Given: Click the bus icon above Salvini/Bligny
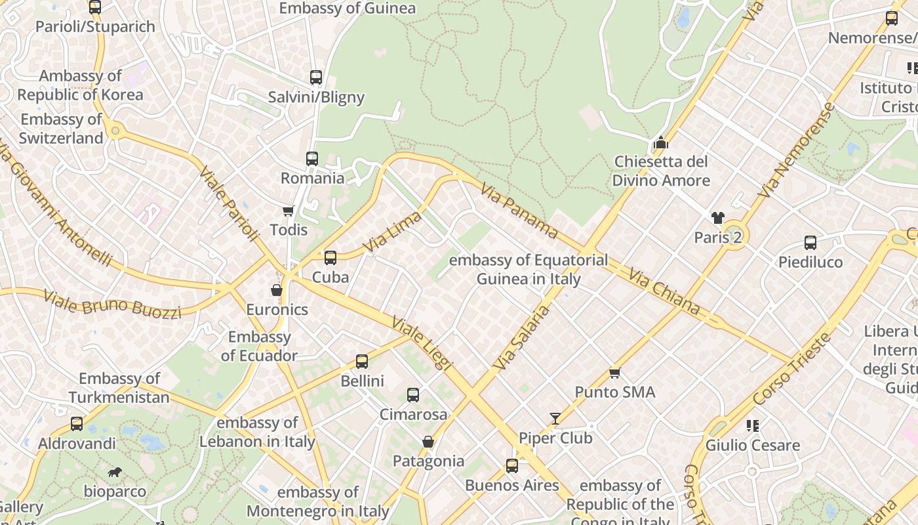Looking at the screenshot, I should pyautogui.click(x=316, y=77).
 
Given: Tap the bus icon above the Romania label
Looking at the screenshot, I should pyautogui.click(x=312, y=159).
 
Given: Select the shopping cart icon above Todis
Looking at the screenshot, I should pyautogui.click(x=288, y=211).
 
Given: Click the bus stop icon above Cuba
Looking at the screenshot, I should pyautogui.click(x=330, y=258).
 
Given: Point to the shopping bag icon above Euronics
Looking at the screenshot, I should pyautogui.click(x=277, y=290).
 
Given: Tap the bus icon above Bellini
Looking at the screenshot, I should pyautogui.click(x=362, y=362).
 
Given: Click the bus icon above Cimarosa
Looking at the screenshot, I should pyautogui.click(x=413, y=395).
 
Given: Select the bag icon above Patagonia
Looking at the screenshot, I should pyautogui.click(x=428, y=442).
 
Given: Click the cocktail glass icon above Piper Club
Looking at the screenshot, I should pyautogui.click(x=555, y=419).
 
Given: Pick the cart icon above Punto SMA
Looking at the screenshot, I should pyautogui.click(x=614, y=373).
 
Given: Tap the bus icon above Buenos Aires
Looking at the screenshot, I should pyautogui.click(x=512, y=466).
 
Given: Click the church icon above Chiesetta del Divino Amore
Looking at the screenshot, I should pyautogui.click(x=661, y=142).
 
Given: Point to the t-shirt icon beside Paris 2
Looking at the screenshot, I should pyautogui.click(x=717, y=218).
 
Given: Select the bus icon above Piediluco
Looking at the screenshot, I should pyautogui.click(x=810, y=243).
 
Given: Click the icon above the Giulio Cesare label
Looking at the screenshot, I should pyautogui.click(x=752, y=426).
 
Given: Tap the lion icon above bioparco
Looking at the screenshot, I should pyautogui.click(x=115, y=472).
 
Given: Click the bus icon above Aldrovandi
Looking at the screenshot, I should pyautogui.click(x=77, y=424).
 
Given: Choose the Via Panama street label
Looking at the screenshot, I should pyautogui.click(x=519, y=211).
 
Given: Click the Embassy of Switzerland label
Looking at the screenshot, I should pyautogui.click(x=61, y=129).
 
